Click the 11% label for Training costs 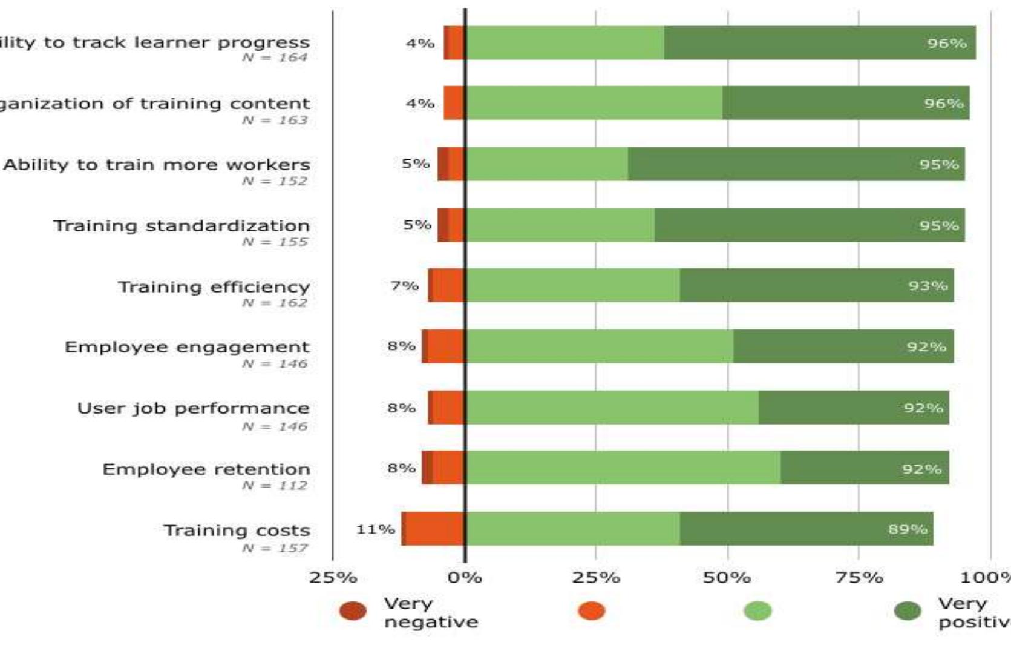click(375, 529)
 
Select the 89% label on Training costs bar click(907, 529)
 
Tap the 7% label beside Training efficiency click(404, 285)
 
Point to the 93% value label click(928, 285)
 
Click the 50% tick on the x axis click(727, 577)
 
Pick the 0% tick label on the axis click(465, 577)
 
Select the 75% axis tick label click(859, 577)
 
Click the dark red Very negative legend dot click(353, 610)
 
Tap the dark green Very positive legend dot click(908, 610)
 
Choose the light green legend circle click(757, 610)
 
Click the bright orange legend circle click(591, 610)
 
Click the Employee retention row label click(206, 469)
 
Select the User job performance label click(193, 408)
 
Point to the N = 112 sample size click(275, 486)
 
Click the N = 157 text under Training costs click(275, 548)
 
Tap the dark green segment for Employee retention click(865, 468)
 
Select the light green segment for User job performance click(612, 408)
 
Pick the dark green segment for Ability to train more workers click(796, 164)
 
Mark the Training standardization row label click(182, 226)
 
